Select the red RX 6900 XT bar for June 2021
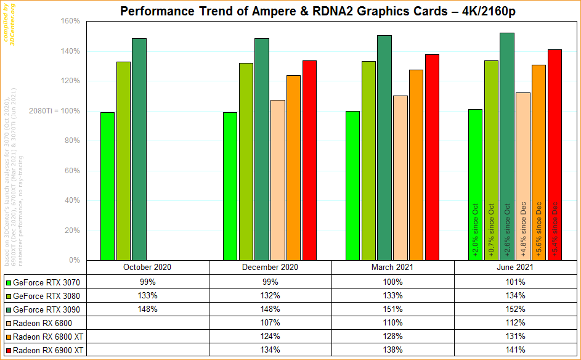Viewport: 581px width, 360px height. coord(555,154)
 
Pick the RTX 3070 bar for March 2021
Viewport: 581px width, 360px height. coord(353,186)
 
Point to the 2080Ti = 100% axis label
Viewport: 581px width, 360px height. coord(54,111)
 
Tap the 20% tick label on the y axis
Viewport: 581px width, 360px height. coord(72,231)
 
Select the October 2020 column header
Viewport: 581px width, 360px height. coord(147,268)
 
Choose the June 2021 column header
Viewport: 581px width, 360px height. coord(515,268)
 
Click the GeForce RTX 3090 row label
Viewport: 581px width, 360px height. coord(47,309)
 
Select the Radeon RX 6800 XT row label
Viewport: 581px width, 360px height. coord(50,337)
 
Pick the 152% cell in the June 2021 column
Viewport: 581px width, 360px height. coord(515,309)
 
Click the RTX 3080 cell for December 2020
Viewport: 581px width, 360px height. coord(270,296)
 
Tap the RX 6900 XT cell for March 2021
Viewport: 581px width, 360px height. coord(392,350)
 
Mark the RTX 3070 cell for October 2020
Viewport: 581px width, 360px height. coord(147,282)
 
